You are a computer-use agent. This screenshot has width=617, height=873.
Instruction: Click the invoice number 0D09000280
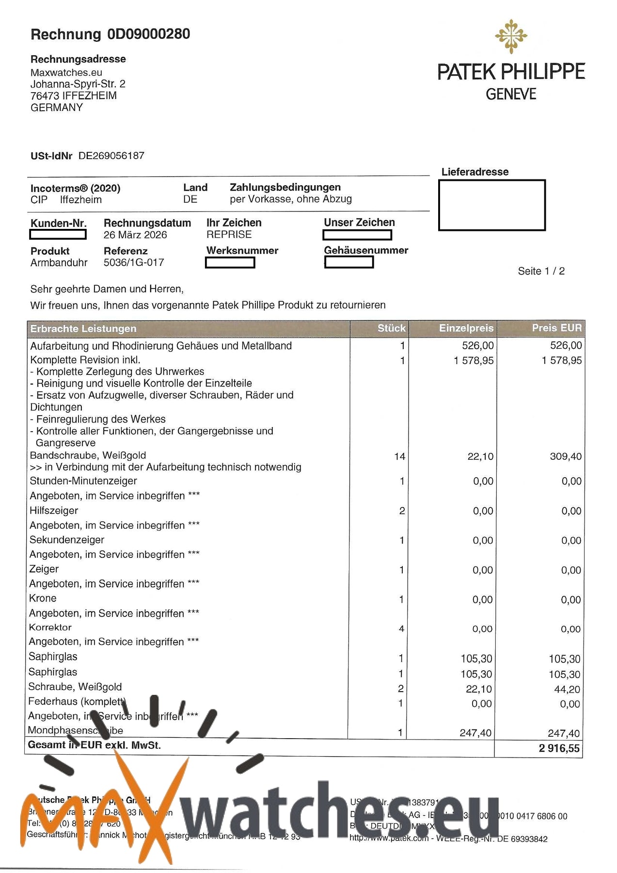click(148, 34)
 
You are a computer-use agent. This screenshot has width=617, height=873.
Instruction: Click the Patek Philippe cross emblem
click(511, 36)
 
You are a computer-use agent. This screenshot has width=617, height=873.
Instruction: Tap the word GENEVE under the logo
click(511, 94)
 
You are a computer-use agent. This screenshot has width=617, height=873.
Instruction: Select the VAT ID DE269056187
click(111, 156)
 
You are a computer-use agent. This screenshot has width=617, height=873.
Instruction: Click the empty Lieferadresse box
click(491, 205)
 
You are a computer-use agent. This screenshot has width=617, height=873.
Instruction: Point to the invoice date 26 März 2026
click(135, 235)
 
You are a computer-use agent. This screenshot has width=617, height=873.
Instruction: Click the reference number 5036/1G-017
click(134, 262)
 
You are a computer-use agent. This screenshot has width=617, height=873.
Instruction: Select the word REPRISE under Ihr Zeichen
click(229, 235)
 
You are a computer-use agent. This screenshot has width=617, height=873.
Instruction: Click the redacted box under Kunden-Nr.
click(58, 235)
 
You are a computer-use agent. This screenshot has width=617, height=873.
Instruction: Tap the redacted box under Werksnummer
click(230, 262)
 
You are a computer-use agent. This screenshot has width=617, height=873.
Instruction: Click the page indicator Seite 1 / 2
click(541, 271)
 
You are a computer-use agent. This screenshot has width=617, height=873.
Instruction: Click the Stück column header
click(391, 328)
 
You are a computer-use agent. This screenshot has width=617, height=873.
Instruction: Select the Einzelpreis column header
click(466, 328)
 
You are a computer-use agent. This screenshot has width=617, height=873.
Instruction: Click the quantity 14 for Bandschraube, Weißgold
click(399, 456)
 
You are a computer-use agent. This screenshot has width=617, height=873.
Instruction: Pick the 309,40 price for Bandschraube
click(566, 456)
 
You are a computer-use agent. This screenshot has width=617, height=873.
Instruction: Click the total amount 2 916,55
click(559, 748)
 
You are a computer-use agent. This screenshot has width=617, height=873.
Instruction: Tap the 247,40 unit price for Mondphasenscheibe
click(475, 733)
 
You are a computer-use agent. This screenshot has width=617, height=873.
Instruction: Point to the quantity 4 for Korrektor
click(401, 629)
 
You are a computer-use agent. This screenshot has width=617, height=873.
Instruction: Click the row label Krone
click(43, 598)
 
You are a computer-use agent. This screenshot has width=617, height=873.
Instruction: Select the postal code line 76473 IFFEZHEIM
click(74, 96)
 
